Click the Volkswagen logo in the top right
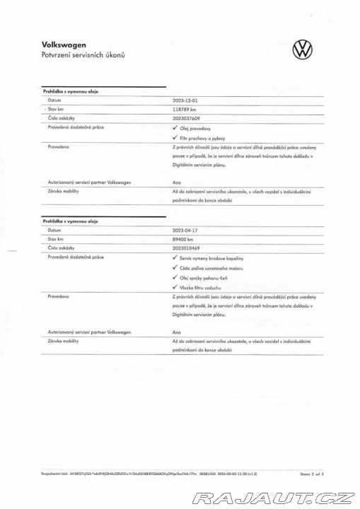(x=302, y=50)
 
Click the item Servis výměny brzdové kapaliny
(x=214, y=258)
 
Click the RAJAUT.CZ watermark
(x=274, y=498)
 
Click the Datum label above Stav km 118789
(x=54, y=101)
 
